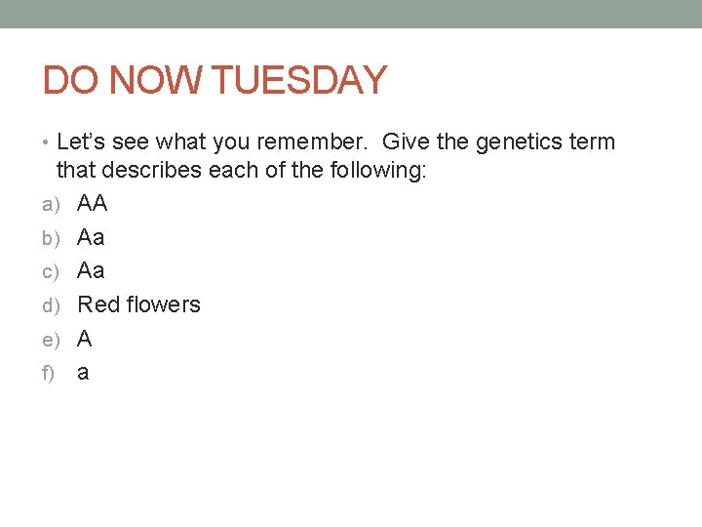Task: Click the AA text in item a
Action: point(93,204)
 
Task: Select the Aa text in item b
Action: point(91,237)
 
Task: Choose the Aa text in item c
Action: point(91,271)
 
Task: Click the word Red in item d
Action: point(97,304)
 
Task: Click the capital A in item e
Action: point(85,339)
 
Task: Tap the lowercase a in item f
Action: point(83,373)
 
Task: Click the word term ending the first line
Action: point(594,142)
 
